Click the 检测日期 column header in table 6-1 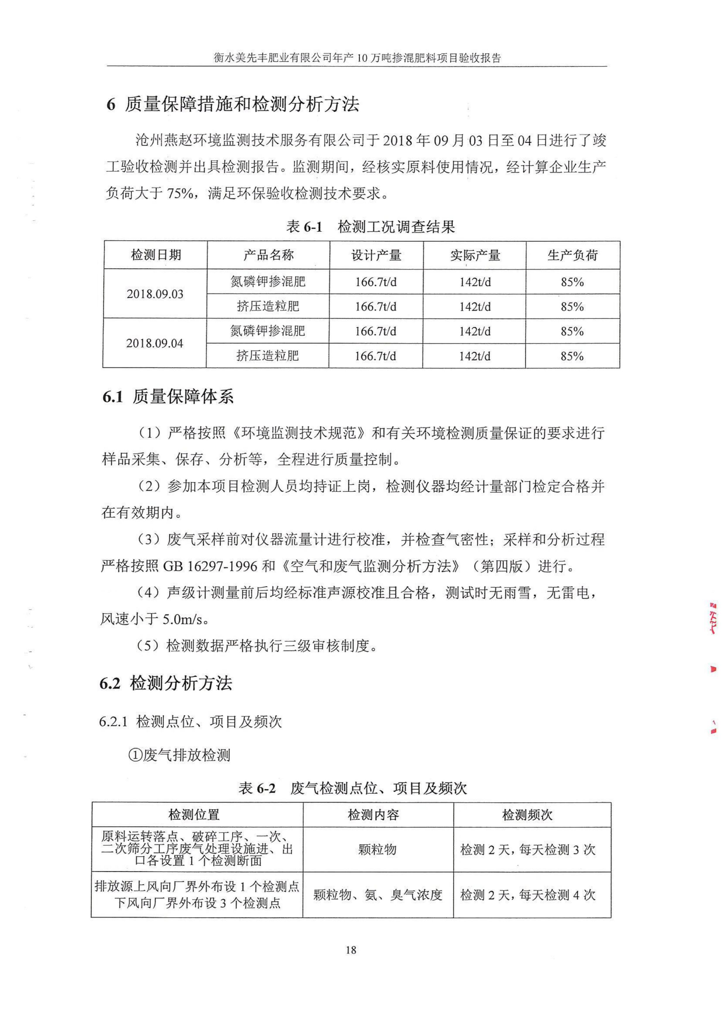(x=156, y=255)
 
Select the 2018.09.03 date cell (x=155, y=294)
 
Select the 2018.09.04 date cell (x=155, y=343)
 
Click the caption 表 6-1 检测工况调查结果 (x=370, y=227)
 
